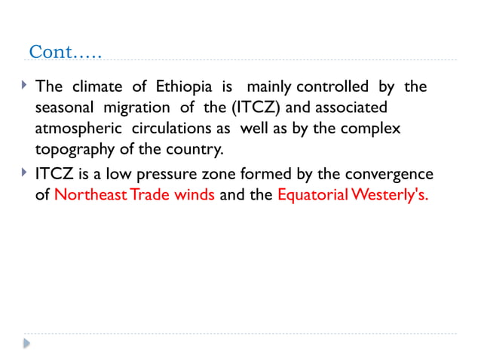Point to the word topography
click(75, 149)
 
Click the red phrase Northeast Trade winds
click(135, 196)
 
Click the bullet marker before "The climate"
click(25, 87)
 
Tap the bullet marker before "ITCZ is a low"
click(25, 175)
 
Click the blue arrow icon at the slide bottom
click(27, 343)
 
